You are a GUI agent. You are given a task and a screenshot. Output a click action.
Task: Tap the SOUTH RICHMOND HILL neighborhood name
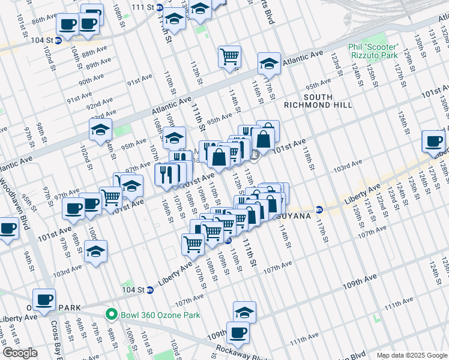(325, 101)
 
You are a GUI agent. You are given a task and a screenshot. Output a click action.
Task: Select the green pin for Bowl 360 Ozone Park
(110, 314)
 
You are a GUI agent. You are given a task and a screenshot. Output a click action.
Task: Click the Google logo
(20, 353)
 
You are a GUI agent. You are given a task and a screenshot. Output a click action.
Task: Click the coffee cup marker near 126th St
(433, 141)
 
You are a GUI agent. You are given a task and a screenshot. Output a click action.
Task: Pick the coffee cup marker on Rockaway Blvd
(238, 332)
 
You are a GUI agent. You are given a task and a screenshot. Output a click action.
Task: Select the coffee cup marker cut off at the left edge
(7, 229)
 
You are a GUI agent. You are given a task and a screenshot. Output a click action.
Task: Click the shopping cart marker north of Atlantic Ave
(229, 56)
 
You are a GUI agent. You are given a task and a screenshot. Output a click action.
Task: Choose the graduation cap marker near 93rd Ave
(101, 128)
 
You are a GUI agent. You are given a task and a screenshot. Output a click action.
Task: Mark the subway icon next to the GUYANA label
(319, 209)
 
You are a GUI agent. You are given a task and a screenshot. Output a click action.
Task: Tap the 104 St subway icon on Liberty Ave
(149, 290)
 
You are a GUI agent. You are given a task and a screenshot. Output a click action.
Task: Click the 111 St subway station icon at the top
(159, 8)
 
